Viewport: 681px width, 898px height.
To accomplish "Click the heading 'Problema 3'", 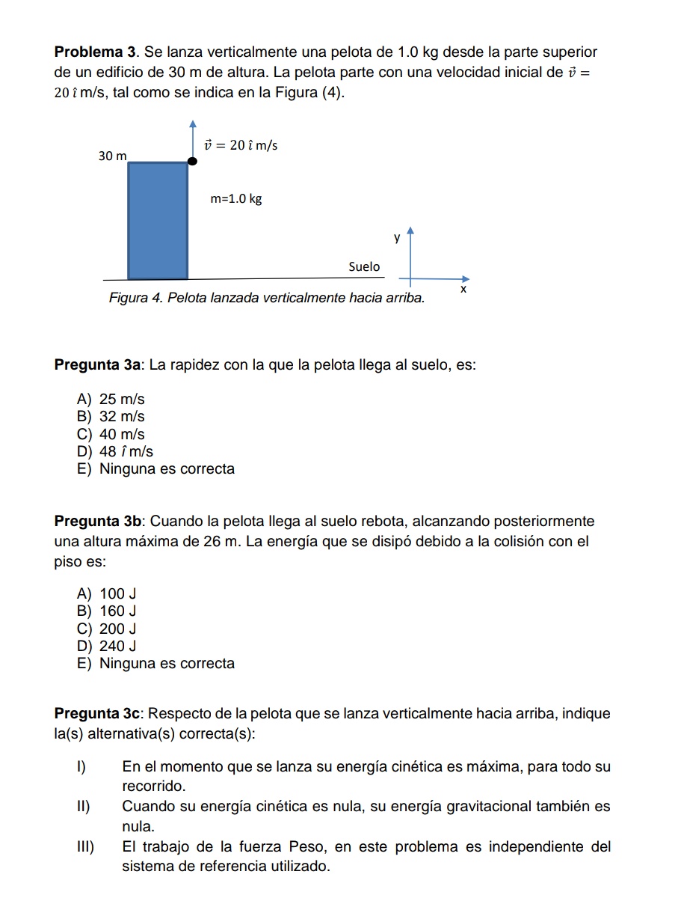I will pos(96,53).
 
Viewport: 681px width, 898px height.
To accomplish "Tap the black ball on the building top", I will pos(192,160).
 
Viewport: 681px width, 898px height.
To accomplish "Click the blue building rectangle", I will pos(158,220).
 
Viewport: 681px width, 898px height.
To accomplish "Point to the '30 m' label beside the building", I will pos(112,156).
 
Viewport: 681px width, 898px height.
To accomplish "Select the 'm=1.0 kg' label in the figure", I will pos(236,199).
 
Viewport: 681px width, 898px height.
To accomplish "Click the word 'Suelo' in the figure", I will pos(364,266).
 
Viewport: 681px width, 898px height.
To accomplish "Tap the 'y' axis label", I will pos(397,238).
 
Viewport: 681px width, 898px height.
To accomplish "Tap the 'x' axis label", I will pos(463,289).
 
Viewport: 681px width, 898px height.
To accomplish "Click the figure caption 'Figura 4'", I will pos(136,298).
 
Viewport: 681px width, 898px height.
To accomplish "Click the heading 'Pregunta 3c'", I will pos(98,714).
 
